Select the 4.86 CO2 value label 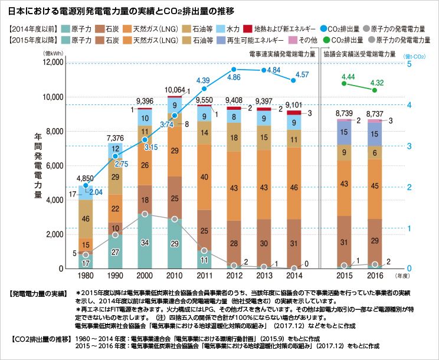tap(234, 77)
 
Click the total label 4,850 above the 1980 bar tap(86, 178)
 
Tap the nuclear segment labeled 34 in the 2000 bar tap(145, 243)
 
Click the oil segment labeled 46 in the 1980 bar tap(86, 220)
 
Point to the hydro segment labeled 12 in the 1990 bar tap(116, 149)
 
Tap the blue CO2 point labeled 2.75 tap(116, 156)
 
